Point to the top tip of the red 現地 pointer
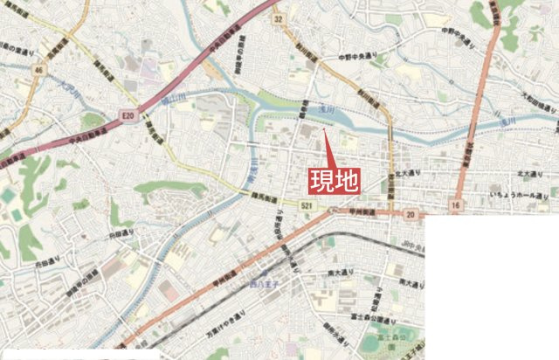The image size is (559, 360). pos(324,130)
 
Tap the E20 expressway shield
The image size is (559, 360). pos(128,114)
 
